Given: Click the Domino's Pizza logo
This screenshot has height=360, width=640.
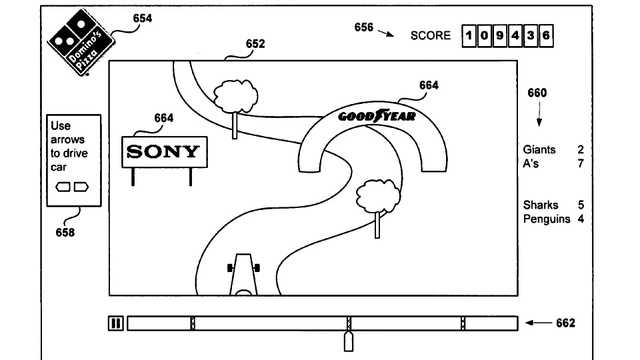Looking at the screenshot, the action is (x=81, y=42).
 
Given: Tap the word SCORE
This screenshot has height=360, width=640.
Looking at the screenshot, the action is (x=430, y=36).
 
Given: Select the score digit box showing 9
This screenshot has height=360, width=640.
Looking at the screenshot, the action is (x=500, y=36).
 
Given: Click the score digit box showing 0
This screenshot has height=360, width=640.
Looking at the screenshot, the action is (x=484, y=36).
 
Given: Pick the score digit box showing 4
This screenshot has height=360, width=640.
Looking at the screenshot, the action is (x=515, y=36).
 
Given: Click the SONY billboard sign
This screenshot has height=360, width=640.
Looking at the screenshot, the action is (x=164, y=152).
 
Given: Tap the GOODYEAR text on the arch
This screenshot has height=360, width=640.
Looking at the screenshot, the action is (x=377, y=116).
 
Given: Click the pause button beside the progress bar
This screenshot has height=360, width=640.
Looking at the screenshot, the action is (x=116, y=323).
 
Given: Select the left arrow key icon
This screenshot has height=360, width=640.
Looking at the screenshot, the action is (x=63, y=187).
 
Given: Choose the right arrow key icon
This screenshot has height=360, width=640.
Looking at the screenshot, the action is (x=81, y=187).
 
